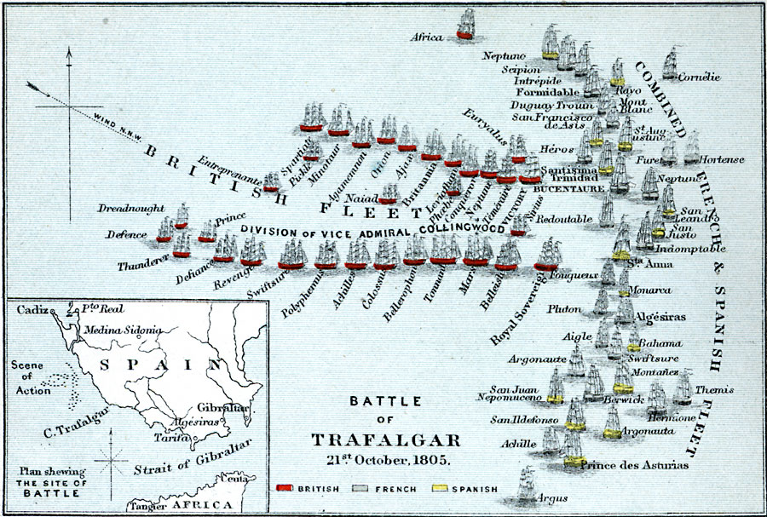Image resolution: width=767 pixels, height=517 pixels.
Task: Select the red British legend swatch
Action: coord(286,489)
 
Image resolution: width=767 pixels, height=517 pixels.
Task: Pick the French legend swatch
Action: coord(361,489)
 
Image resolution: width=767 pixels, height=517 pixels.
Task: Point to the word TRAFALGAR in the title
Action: coord(385,439)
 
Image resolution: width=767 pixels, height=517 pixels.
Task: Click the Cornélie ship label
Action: coord(700,78)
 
